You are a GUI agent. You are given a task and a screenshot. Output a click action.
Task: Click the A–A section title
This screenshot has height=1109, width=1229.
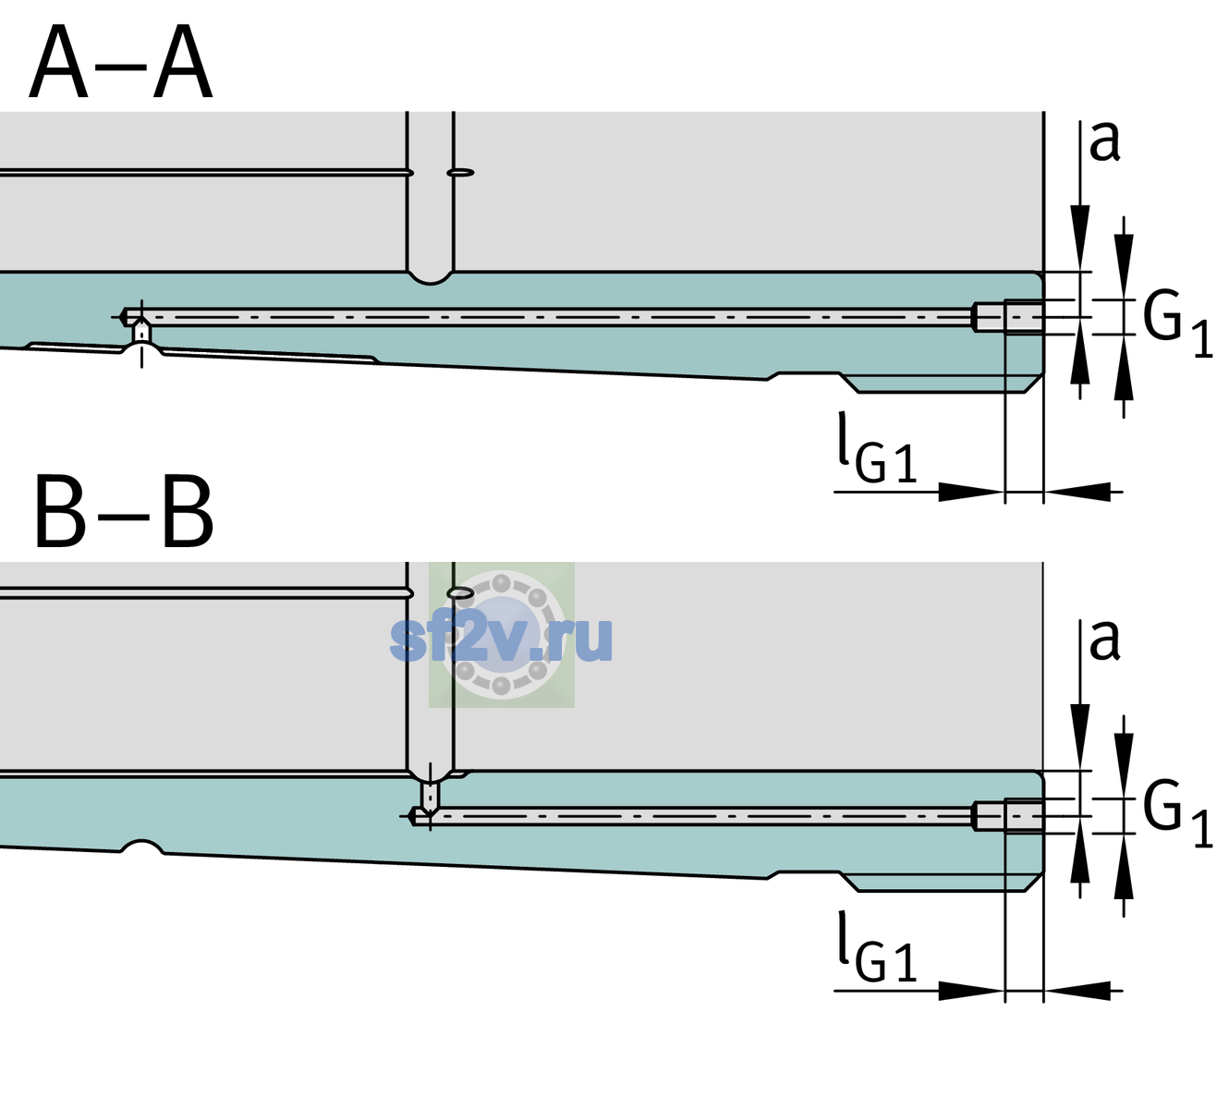point(121,63)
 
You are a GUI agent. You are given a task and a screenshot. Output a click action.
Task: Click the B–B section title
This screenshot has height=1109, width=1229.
point(125,512)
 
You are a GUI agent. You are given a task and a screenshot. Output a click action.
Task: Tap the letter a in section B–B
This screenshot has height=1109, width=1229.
point(1104,640)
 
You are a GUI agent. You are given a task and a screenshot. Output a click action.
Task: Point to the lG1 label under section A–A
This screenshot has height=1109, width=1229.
point(877,447)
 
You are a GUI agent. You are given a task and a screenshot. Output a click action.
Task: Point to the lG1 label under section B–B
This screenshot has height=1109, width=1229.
point(877,946)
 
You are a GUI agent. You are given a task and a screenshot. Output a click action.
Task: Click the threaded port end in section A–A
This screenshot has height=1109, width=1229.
point(1008,317)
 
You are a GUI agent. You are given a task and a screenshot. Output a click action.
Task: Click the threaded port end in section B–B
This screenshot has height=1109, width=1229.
point(1008,816)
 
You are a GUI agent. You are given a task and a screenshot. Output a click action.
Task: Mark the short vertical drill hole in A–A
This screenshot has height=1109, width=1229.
point(141,332)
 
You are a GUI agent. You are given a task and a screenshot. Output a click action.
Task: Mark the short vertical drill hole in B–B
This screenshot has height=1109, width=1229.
point(431,795)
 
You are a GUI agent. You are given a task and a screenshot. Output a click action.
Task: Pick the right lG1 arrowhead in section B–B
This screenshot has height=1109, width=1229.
point(1077,991)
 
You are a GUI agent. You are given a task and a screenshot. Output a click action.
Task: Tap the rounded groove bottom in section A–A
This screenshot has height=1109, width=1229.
point(430,278)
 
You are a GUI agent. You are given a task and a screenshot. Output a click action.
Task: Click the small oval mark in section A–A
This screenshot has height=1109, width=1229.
point(460,173)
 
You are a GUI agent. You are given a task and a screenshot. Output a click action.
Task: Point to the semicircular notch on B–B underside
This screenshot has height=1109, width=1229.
point(142,847)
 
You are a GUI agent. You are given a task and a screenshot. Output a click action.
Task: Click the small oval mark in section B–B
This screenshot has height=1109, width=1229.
point(460,592)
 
